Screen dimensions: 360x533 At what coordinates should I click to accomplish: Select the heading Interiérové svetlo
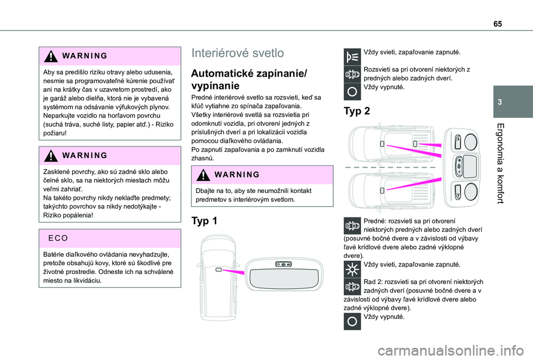pos(237,53)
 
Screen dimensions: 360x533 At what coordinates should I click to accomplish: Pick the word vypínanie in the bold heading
pos(215,86)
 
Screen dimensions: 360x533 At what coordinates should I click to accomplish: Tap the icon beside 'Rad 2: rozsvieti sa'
pos(351,286)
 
